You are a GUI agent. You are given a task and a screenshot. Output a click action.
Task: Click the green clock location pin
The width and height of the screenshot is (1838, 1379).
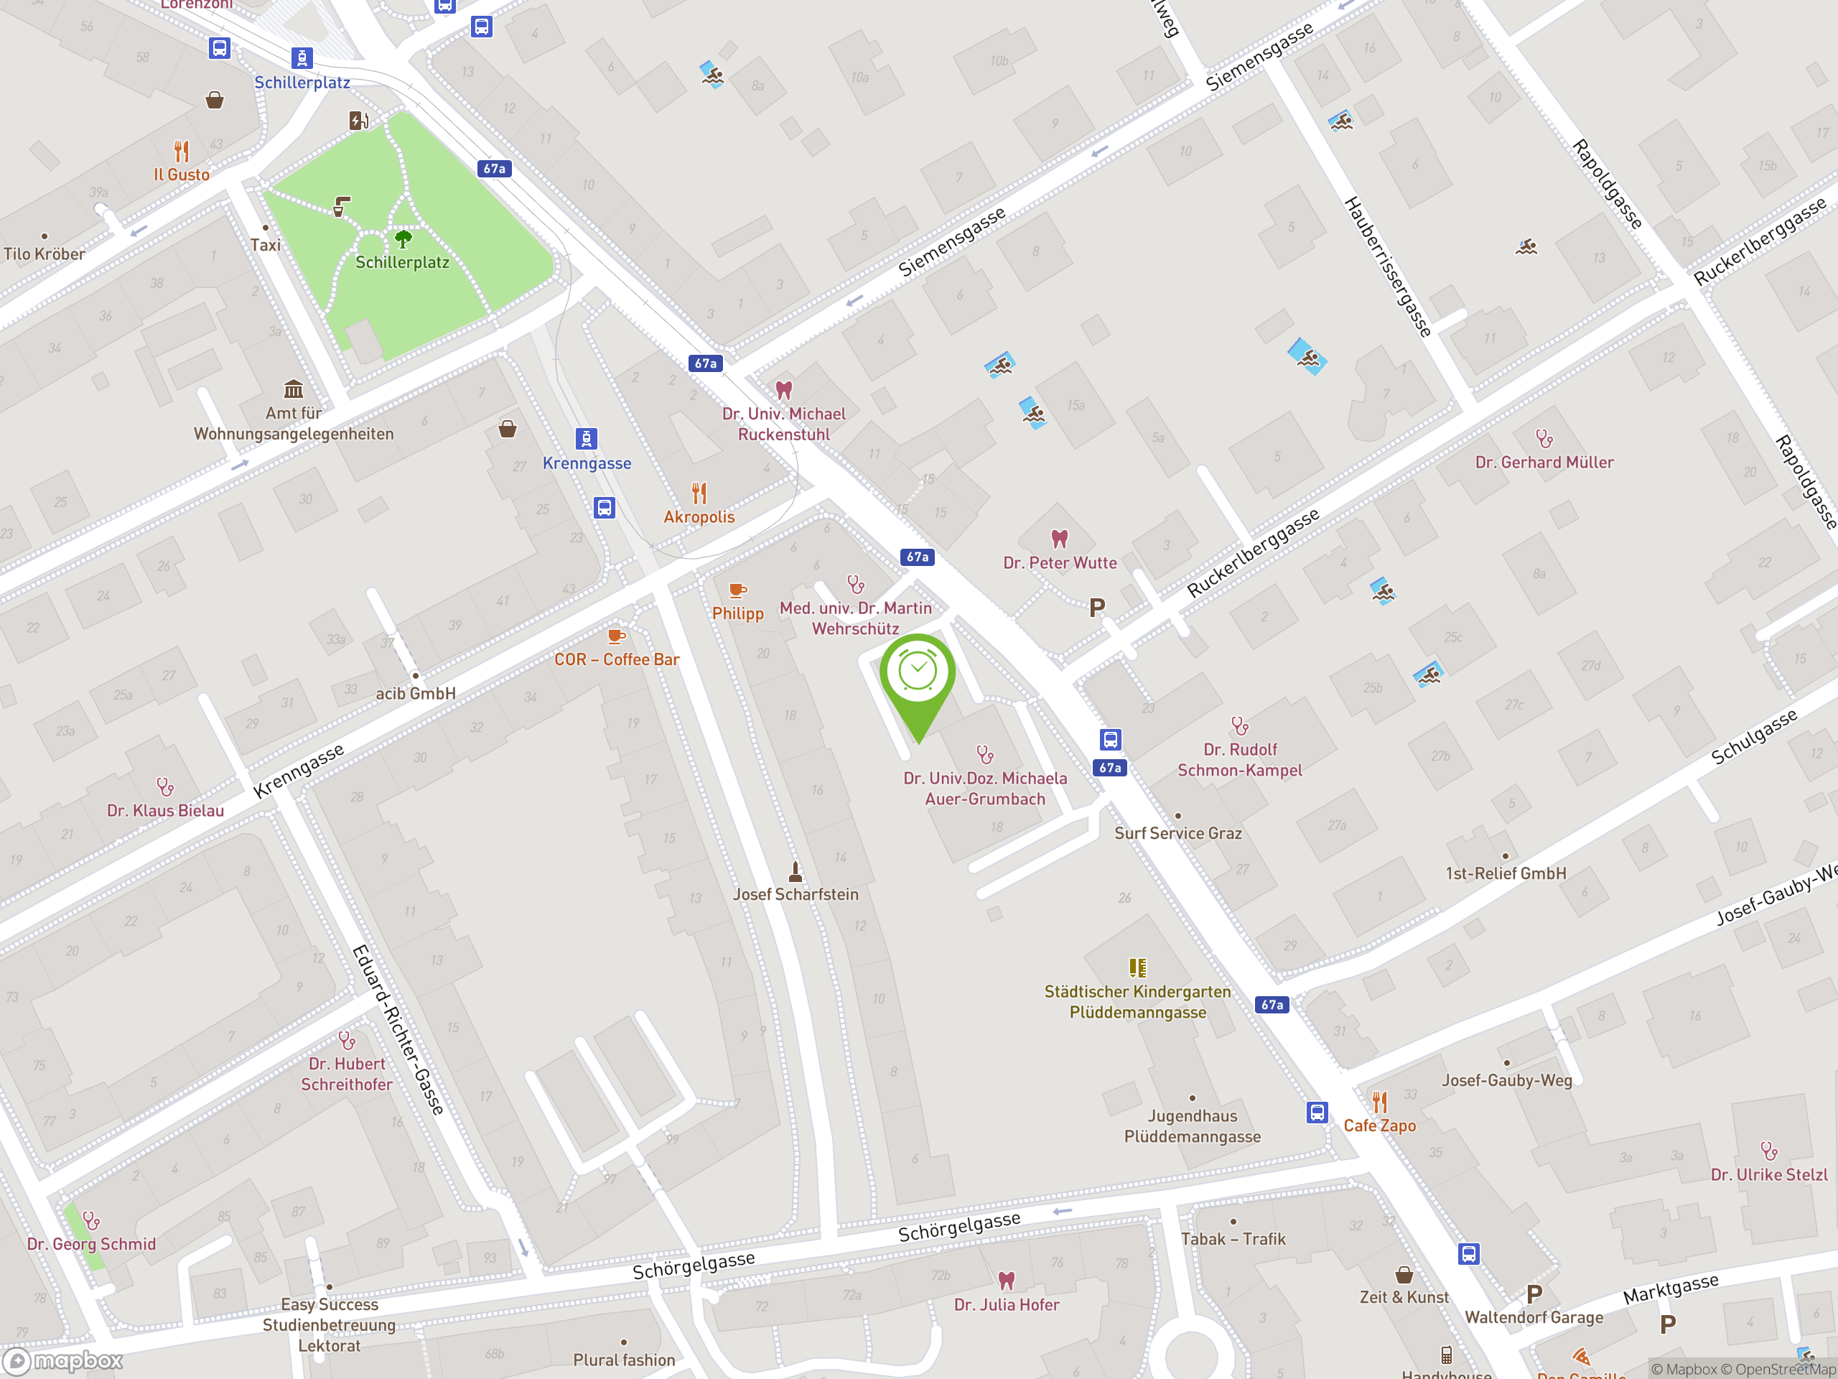pos(918,673)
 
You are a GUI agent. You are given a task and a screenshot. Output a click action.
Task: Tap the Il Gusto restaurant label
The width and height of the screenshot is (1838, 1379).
pos(181,175)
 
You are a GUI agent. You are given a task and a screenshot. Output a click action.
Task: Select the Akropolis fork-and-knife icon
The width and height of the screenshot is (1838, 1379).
pos(699,493)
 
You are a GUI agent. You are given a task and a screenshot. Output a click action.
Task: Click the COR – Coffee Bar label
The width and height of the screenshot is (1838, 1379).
pos(617,659)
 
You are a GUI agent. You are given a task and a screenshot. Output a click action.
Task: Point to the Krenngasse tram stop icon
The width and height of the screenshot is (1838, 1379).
pos(587,438)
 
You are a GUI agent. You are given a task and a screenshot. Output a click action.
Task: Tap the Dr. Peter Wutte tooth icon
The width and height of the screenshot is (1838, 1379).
pos(1060,539)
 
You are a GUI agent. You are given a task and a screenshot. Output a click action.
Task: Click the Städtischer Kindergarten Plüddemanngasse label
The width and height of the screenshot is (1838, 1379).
pos(1137,1002)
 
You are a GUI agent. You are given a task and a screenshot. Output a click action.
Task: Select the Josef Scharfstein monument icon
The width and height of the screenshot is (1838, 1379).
pos(796,871)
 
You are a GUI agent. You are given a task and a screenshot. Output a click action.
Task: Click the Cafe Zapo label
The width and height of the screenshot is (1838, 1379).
pos(1379,1125)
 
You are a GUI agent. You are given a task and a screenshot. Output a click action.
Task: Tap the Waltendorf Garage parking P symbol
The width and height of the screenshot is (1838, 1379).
pos(1534,1294)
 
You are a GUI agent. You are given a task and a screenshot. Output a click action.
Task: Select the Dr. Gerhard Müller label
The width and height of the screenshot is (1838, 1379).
pos(1544,462)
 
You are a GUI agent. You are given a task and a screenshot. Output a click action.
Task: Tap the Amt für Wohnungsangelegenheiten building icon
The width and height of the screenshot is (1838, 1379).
pos(294,389)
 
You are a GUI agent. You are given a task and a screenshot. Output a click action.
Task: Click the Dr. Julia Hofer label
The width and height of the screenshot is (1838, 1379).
pos(1007,1304)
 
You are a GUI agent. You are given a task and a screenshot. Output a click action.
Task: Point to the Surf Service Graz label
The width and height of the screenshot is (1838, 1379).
pos(1177,833)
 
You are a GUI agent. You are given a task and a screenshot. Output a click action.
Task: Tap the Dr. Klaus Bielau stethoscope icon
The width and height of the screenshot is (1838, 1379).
pos(165,786)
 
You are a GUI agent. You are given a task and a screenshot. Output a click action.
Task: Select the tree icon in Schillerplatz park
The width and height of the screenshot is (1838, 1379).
pos(403,239)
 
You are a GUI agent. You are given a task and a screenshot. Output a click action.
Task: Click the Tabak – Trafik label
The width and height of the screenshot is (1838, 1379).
pos(1233,1238)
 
